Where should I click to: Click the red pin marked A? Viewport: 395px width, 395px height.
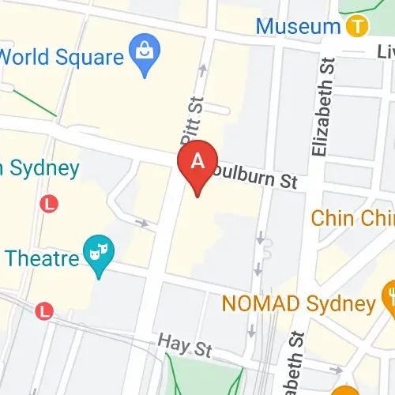coord(198,164)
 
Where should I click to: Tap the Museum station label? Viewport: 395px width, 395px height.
coord(298,27)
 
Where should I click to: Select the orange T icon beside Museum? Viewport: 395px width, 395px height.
coord(357,27)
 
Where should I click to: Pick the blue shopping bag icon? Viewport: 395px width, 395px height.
coord(145,53)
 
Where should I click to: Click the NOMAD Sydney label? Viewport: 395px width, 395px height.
coord(298,303)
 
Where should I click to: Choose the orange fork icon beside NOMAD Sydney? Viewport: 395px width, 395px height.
coord(389,298)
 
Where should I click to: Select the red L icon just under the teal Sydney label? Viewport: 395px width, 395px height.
coord(50,204)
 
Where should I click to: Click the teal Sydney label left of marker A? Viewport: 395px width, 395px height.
coord(39,168)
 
